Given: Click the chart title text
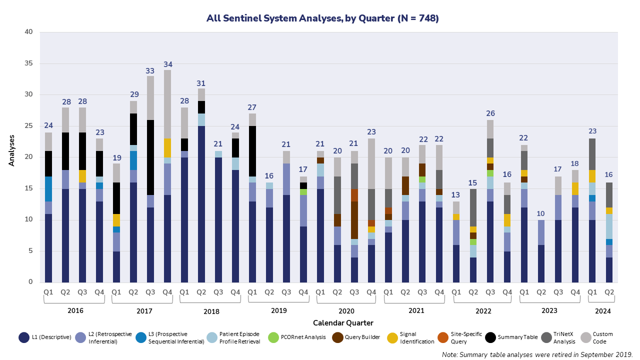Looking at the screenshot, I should pos(322,18).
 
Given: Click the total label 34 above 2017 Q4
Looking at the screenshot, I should pos(167,64).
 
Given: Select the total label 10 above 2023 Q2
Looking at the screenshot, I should pos(541,214).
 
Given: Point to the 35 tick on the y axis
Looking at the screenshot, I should pos(29,63).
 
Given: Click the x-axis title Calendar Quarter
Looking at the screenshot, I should pos(343,322).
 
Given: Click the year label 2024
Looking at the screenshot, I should pos(602,310).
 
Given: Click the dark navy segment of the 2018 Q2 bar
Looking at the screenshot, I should pos(201,204).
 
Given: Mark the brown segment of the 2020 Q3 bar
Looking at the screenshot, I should pos(354,220).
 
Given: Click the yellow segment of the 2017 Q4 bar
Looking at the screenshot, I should pos(167,148).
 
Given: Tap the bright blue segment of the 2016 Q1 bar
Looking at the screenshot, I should pos(48,188).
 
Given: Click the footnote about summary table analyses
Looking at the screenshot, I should pos(537,354).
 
